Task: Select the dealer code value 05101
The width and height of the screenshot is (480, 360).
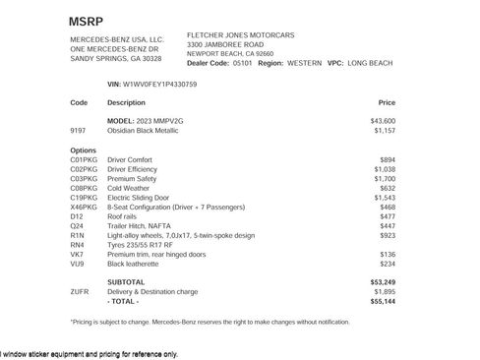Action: pos(244,63)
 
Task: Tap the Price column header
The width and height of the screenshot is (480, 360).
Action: pos(387,102)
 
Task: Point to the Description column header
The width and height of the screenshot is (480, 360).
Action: pos(126,102)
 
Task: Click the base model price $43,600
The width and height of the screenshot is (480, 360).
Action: pos(382,120)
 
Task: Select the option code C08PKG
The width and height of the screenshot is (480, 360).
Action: pos(84,189)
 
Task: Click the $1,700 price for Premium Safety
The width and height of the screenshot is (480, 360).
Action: pos(384,179)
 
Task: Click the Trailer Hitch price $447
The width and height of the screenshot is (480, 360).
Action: pos(387,226)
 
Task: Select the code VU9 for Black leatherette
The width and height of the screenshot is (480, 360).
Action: pos(78,264)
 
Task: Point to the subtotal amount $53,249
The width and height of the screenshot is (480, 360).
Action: pos(382,282)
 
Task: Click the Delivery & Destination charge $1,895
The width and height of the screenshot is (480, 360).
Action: pos(384,291)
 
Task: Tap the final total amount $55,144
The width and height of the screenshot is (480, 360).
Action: pos(382,301)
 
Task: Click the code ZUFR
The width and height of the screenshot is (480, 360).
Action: pos(80,291)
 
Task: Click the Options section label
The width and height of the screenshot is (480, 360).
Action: pos(84,150)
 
